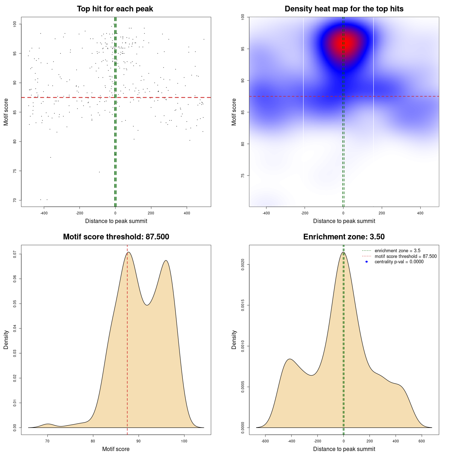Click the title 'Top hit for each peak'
(115, 9)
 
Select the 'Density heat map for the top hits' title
(344, 9)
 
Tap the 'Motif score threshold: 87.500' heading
(116, 237)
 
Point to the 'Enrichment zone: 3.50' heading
(344, 237)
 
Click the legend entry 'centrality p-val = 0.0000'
(399, 262)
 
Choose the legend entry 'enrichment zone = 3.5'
(397, 251)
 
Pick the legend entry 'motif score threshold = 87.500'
(405, 256)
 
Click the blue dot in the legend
(367, 262)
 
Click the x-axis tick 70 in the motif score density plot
(47, 441)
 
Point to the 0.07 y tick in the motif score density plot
(15, 254)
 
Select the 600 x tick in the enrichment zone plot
(422, 441)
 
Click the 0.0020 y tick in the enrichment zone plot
(243, 265)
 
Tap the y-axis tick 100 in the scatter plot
(15, 24)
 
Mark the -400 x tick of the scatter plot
(44, 213)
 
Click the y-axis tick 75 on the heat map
(243, 176)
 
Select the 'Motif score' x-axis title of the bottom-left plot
(116, 449)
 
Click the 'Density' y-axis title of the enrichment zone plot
(234, 340)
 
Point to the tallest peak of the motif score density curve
(128, 252)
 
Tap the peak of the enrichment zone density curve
(343, 252)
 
